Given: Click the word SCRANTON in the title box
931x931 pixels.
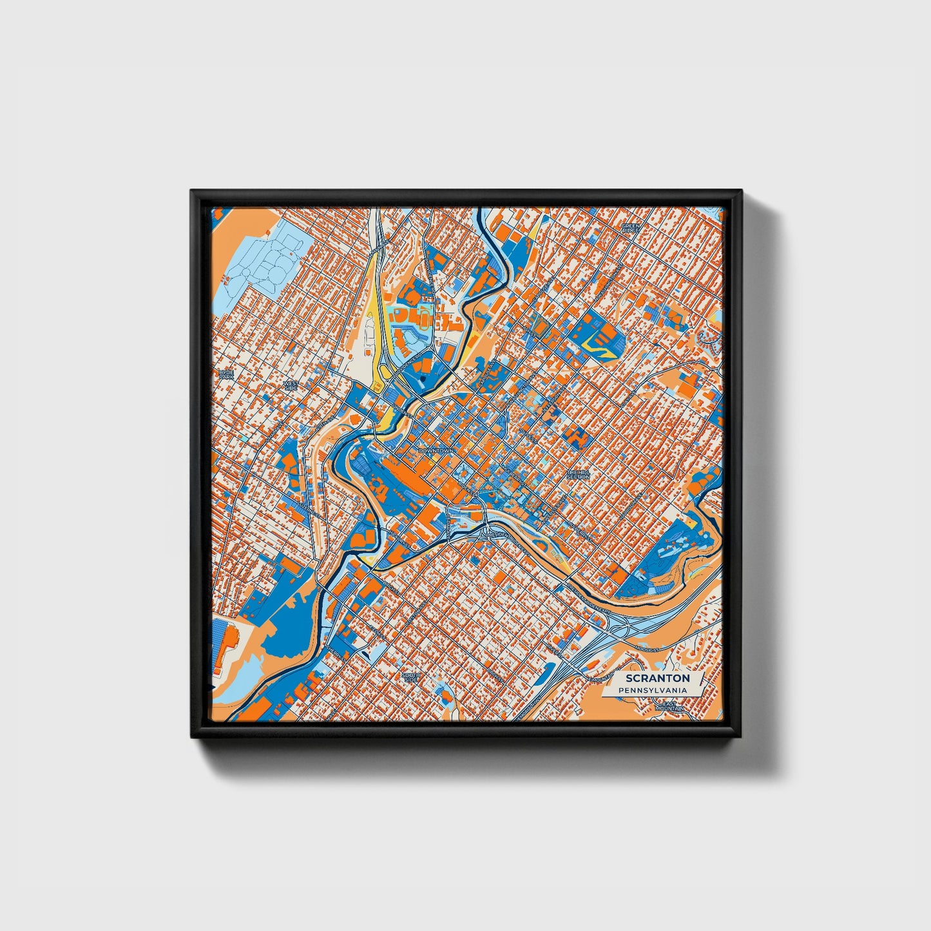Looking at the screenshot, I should click(x=657, y=678).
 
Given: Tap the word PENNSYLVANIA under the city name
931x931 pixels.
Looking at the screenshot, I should click(x=651, y=691).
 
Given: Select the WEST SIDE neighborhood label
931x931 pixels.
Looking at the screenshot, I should click(x=291, y=385).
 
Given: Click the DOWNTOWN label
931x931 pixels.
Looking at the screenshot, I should click(x=437, y=451).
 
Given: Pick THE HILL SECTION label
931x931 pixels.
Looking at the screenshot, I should click(x=578, y=474).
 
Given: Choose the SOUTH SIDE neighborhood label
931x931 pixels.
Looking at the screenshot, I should click(x=411, y=677).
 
